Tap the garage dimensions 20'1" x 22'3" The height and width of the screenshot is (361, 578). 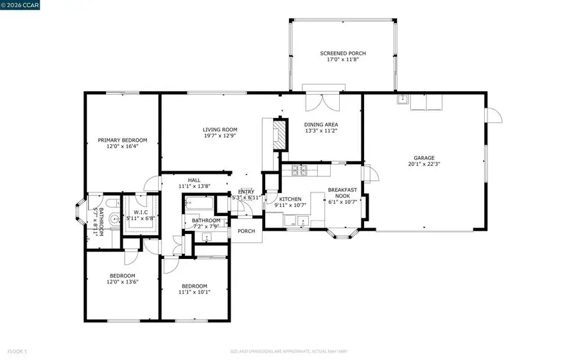(x=424, y=164)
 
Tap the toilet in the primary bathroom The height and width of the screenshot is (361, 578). (x=111, y=204)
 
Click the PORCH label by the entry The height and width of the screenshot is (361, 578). (x=247, y=231)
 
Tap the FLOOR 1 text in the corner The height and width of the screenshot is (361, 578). (x=17, y=351)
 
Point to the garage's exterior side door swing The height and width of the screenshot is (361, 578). (x=495, y=116)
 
